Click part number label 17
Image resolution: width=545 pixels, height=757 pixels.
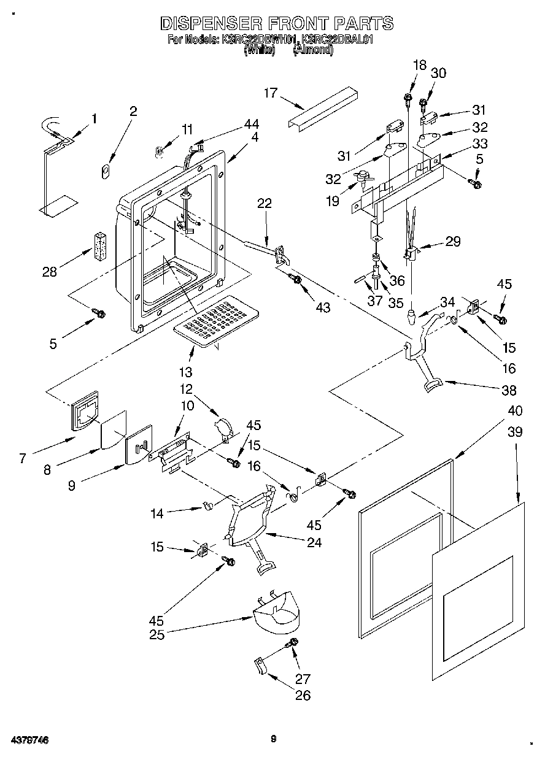[271, 93]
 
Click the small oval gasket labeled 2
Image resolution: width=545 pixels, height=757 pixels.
[105, 170]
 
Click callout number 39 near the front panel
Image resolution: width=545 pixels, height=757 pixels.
[515, 432]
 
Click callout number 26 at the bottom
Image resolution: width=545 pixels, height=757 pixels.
[302, 695]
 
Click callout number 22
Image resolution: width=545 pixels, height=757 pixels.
[264, 204]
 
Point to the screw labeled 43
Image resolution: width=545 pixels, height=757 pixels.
[296, 280]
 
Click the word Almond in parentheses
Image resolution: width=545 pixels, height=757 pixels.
[313, 51]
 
